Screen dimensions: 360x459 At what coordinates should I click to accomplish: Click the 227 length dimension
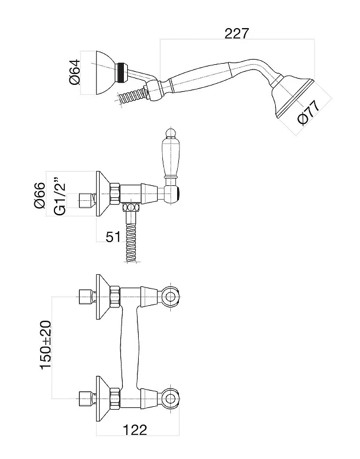point(237,33)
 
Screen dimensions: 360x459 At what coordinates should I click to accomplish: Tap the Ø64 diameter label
point(75,72)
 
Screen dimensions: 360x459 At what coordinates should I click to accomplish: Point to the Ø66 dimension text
point(40,195)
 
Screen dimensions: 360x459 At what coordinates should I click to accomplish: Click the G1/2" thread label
point(60,195)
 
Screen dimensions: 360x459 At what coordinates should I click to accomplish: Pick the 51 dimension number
point(113,237)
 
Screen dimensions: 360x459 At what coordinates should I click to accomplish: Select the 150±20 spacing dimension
point(46,345)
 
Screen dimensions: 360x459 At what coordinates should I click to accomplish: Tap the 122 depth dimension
point(135,430)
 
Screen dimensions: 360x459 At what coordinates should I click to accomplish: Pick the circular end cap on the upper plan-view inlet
point(170,297)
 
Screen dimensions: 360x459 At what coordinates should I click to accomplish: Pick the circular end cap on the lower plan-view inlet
point(170,398)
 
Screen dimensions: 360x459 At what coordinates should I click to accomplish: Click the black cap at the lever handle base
point(178,193)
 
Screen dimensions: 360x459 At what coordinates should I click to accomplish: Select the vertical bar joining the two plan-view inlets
point(128,347)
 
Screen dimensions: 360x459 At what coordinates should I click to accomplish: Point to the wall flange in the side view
point(103,193)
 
